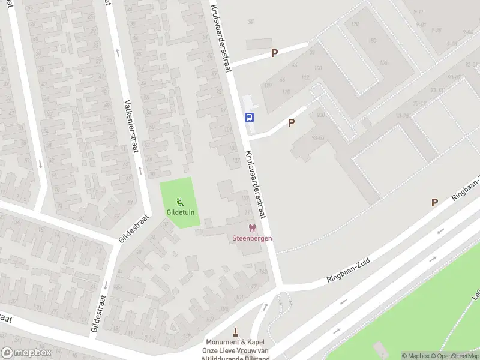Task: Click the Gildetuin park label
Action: (179, 212)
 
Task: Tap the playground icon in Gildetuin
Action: (179, 202)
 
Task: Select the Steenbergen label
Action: (252, 238)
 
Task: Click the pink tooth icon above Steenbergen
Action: (252, 228)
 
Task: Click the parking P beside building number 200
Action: (292, 122)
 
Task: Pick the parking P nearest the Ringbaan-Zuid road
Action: (434, 203)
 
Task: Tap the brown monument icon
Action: (235, 331)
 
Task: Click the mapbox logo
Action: (26, 353)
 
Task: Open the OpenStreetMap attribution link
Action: (457, 356)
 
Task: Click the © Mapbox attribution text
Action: (416, 356)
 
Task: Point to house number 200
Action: (320, 115)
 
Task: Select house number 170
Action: (355, 25)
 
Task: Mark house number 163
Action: (262, 272)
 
